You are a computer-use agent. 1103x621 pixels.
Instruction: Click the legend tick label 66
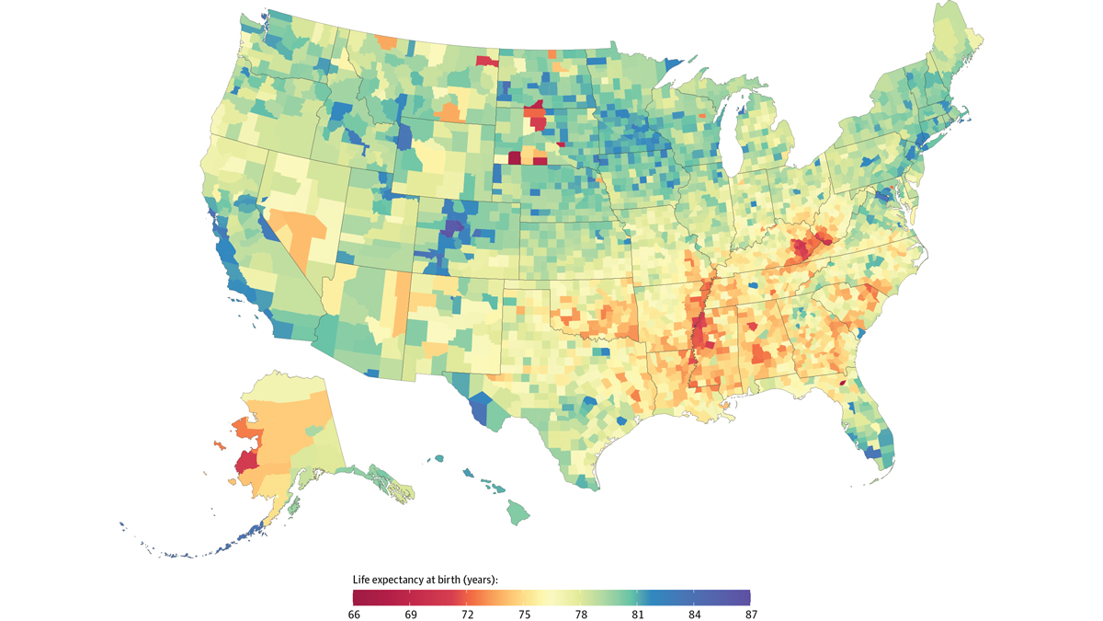click(354, 614)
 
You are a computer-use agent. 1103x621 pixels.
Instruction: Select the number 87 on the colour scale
click(750, 614)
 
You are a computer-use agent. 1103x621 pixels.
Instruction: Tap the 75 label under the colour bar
click(524, 614)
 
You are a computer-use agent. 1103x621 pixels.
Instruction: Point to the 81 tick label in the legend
click(637, 614)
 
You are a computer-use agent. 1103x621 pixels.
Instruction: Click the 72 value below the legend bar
click(467, 614)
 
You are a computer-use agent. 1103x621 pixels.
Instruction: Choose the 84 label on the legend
click(694, 614)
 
